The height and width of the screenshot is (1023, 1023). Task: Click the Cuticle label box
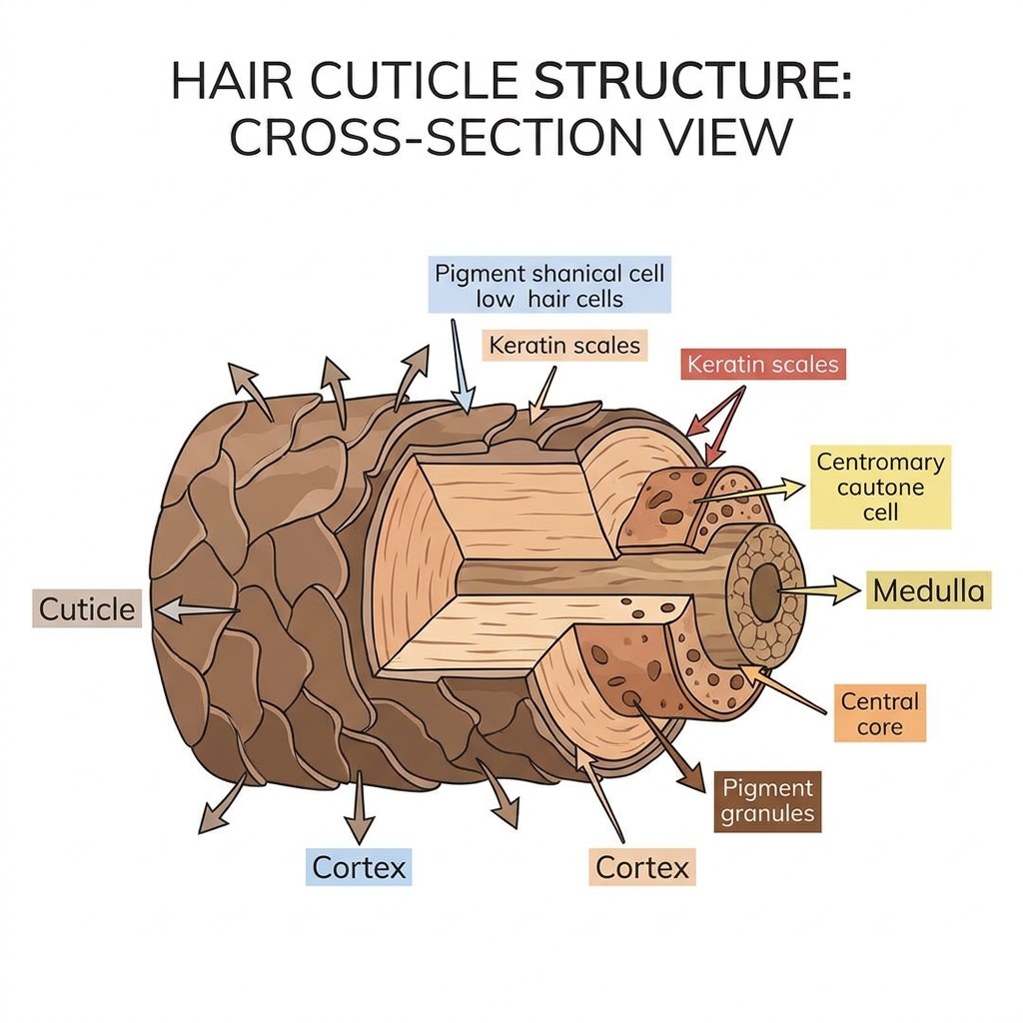coord(87,609)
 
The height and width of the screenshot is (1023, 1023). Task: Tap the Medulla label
coord(928,590)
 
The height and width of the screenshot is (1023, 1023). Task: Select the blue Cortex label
coord(359,867)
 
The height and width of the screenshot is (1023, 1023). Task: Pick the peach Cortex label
coord(642,867)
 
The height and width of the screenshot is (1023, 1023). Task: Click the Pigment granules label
coord(768,801)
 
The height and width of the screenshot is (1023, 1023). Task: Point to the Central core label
coord(879,713)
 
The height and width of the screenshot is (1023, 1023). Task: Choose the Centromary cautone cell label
coord(881,487)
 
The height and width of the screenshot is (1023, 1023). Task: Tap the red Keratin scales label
coord(762,364)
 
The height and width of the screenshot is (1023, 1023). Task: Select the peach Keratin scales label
coord(564,345)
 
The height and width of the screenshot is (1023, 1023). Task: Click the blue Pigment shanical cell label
coord(549,285)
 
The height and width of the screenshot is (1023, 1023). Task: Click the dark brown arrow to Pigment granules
coord(666,745)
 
